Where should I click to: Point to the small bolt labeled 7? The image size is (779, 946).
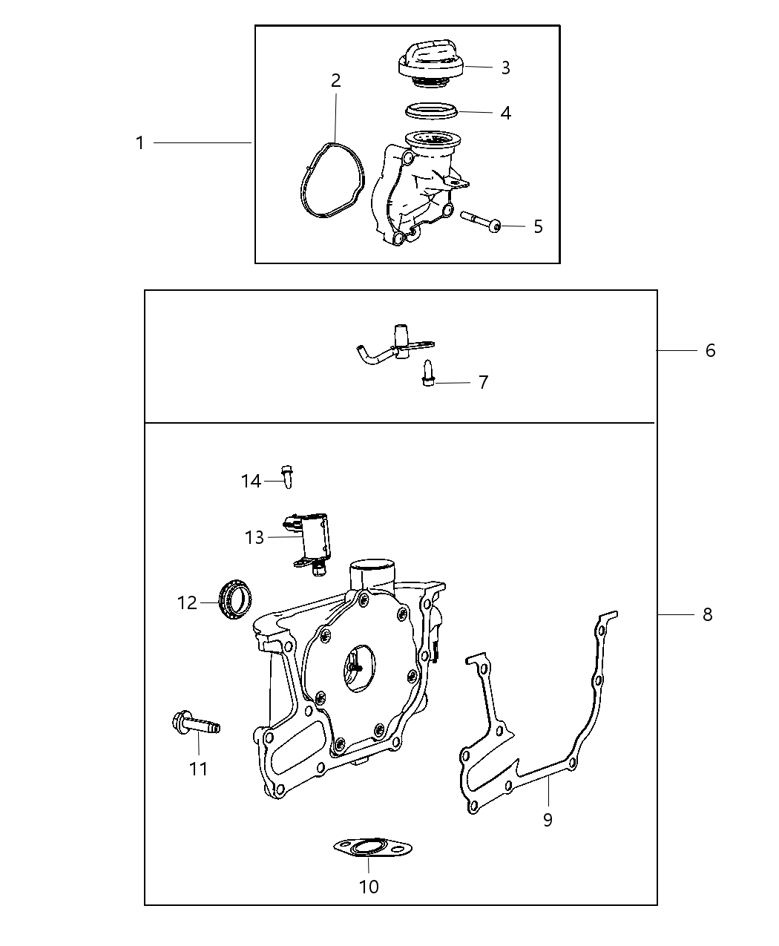(x=427, y=372)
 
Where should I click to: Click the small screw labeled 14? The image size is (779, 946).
(x=287, y=474)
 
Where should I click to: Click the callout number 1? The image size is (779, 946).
(x=140, y=142)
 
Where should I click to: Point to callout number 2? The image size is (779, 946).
(x=336, y=81)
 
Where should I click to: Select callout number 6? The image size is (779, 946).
(x=710, y=350)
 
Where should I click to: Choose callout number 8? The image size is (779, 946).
(x=707, y=614)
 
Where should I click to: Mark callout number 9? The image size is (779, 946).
(x=548, y=820)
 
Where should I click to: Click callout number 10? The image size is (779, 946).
(x=369, y=886)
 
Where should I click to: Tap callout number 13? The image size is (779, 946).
(x=254, y=537)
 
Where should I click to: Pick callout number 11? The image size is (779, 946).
(x=198, y=769)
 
